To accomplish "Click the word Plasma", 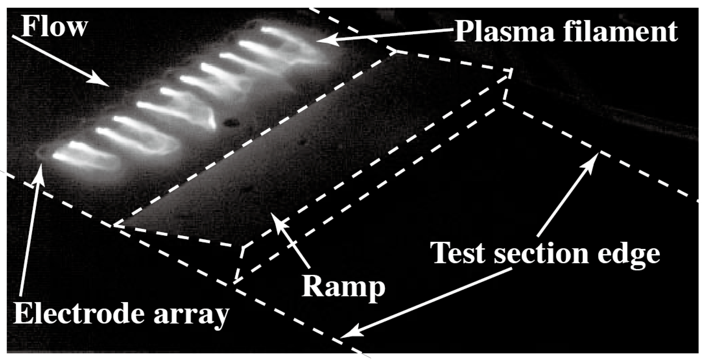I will pos(504,32).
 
